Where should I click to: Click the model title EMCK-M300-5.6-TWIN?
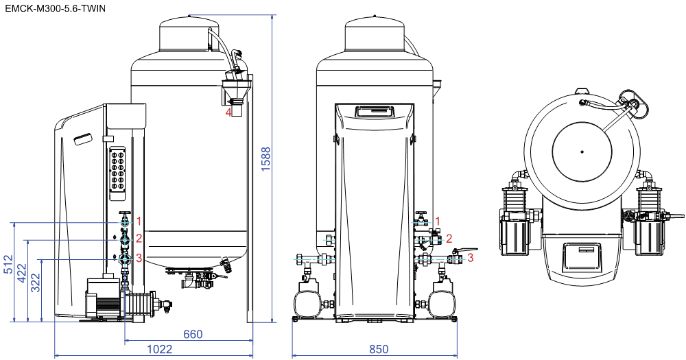click(55, 8)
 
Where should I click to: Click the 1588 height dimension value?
click(266, 159)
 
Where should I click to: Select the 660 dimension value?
click(193, 334)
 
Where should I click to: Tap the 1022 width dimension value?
click(159, 349)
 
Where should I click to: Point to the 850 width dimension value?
click(379, 349)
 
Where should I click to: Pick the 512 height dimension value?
click(8, 264)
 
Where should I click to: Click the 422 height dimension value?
click(22, 273)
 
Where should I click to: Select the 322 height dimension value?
click(36, 283)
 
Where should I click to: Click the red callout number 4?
click(228, 112)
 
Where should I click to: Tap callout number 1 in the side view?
click(139, 221)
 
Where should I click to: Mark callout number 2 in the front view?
click(449, 239)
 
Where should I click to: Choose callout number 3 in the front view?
click(471, 257)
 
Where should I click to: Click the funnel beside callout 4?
click(237, 88)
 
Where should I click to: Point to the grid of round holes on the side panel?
click(118, 171)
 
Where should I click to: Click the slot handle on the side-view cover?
click(83, 139)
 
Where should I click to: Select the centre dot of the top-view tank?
click(582, 152)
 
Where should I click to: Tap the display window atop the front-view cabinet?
click(375, 112)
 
